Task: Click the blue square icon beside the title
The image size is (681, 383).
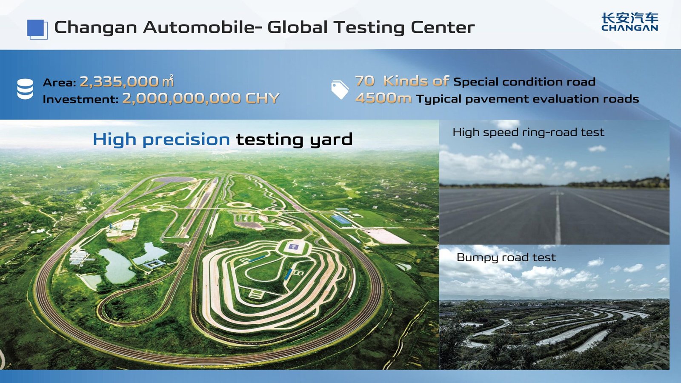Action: (x=37, y=29)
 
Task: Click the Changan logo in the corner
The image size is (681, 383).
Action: (x=629, y=22)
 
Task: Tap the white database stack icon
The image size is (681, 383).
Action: (x=25, y=89)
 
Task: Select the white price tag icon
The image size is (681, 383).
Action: (x=340, y=89)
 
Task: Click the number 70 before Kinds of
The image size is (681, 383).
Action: (x=365, y=81)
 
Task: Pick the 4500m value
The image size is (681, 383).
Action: (x=383, y=98)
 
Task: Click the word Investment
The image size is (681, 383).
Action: (x=80, y=99)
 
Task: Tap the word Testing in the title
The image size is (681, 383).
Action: (x=369, y=28)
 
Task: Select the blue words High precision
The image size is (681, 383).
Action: (x=161, y=140)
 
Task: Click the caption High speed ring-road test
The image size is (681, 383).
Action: (x=528, y=132)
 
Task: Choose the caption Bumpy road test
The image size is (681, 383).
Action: (x=506, y=257)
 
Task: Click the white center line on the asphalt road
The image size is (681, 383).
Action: (x=558, y=217)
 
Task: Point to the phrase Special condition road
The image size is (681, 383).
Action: (x=524, y=82)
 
